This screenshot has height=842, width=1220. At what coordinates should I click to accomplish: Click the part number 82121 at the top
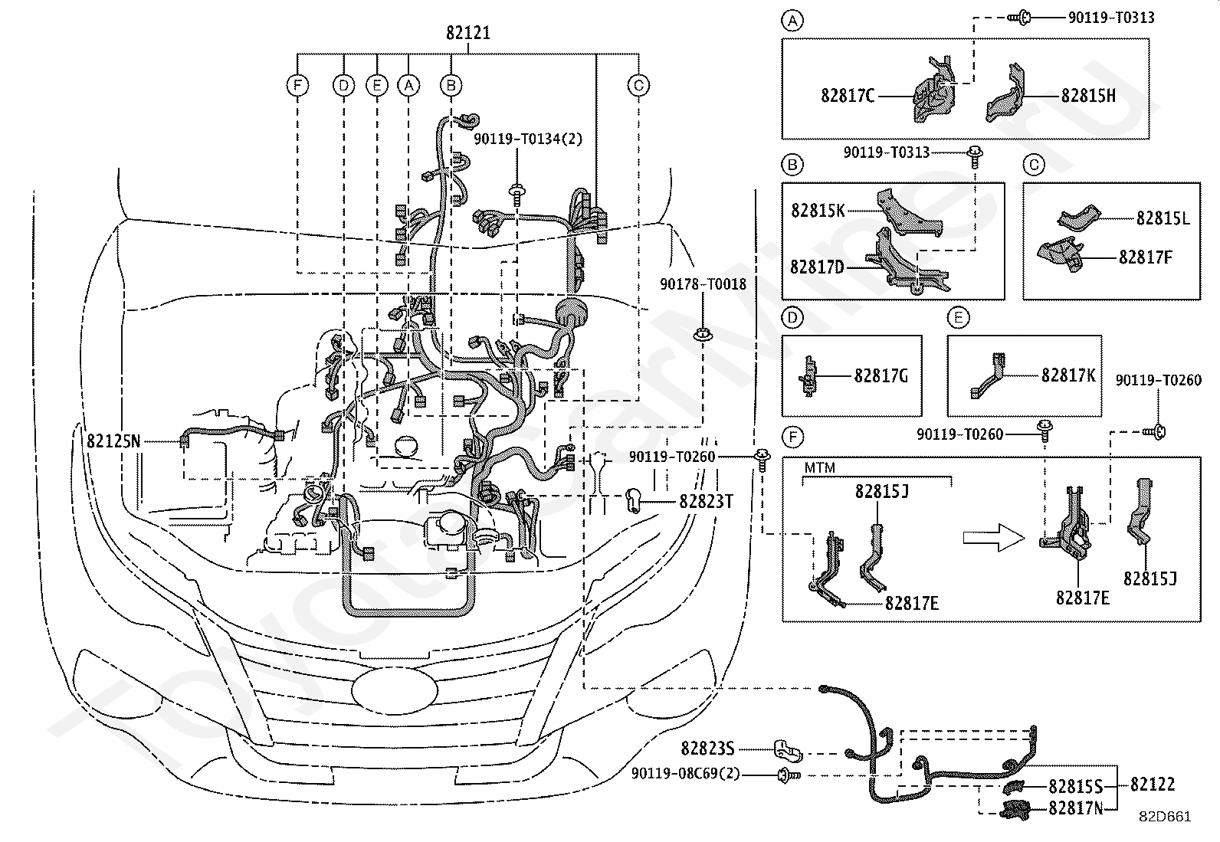(468, 33)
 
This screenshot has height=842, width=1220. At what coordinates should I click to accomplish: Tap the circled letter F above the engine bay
(297, 86)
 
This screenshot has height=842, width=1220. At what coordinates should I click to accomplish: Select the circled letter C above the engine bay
(638, 86)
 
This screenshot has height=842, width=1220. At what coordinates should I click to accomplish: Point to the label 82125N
(113, 441)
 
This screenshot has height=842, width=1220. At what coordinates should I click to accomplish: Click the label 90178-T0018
(703, 283)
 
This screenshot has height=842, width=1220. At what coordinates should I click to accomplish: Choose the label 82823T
(706, 501)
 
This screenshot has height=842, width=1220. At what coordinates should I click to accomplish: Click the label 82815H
(1088, 96)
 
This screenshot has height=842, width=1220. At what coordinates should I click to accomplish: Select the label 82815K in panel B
(818, 210)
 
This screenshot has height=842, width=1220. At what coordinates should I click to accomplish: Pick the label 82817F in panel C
(1146, 257)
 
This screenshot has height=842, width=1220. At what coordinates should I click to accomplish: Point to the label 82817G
(881, 375)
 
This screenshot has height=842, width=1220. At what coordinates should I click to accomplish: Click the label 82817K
(1068, 375)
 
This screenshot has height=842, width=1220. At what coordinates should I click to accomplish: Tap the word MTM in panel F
(820, 468)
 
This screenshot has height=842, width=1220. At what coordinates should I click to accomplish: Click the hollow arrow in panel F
(993, 538)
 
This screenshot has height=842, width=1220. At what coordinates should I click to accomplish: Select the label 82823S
(707, 749)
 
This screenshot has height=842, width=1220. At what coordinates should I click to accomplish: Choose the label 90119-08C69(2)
(686, 773)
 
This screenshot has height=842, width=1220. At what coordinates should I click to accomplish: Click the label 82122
(1153, 784)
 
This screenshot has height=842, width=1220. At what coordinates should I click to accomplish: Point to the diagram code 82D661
(1165, 817)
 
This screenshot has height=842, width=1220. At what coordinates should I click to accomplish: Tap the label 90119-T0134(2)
(528, 139)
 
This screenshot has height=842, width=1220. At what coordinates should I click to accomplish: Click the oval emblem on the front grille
(395, 690)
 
